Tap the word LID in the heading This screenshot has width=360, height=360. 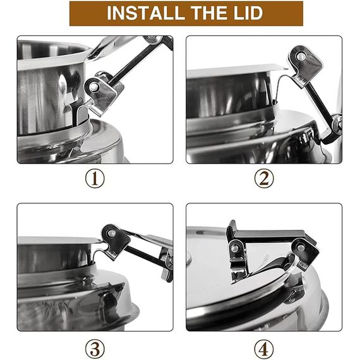[248, 13]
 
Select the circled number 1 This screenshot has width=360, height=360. [95, 179]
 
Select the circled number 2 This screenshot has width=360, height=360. [264, 179]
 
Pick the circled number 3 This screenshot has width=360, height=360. [95, 349]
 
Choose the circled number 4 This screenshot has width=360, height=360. [264, 349]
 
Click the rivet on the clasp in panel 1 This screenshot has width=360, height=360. [93, 87]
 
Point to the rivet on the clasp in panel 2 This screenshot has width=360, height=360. [301, 56]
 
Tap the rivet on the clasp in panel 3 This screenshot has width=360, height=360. [112, 234]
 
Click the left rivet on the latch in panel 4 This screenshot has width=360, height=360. [234, 248]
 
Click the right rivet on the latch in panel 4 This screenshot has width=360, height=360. [301, 248]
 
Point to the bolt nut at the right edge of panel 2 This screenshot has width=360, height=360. [337, 125]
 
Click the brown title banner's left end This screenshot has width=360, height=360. [70, 13]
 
